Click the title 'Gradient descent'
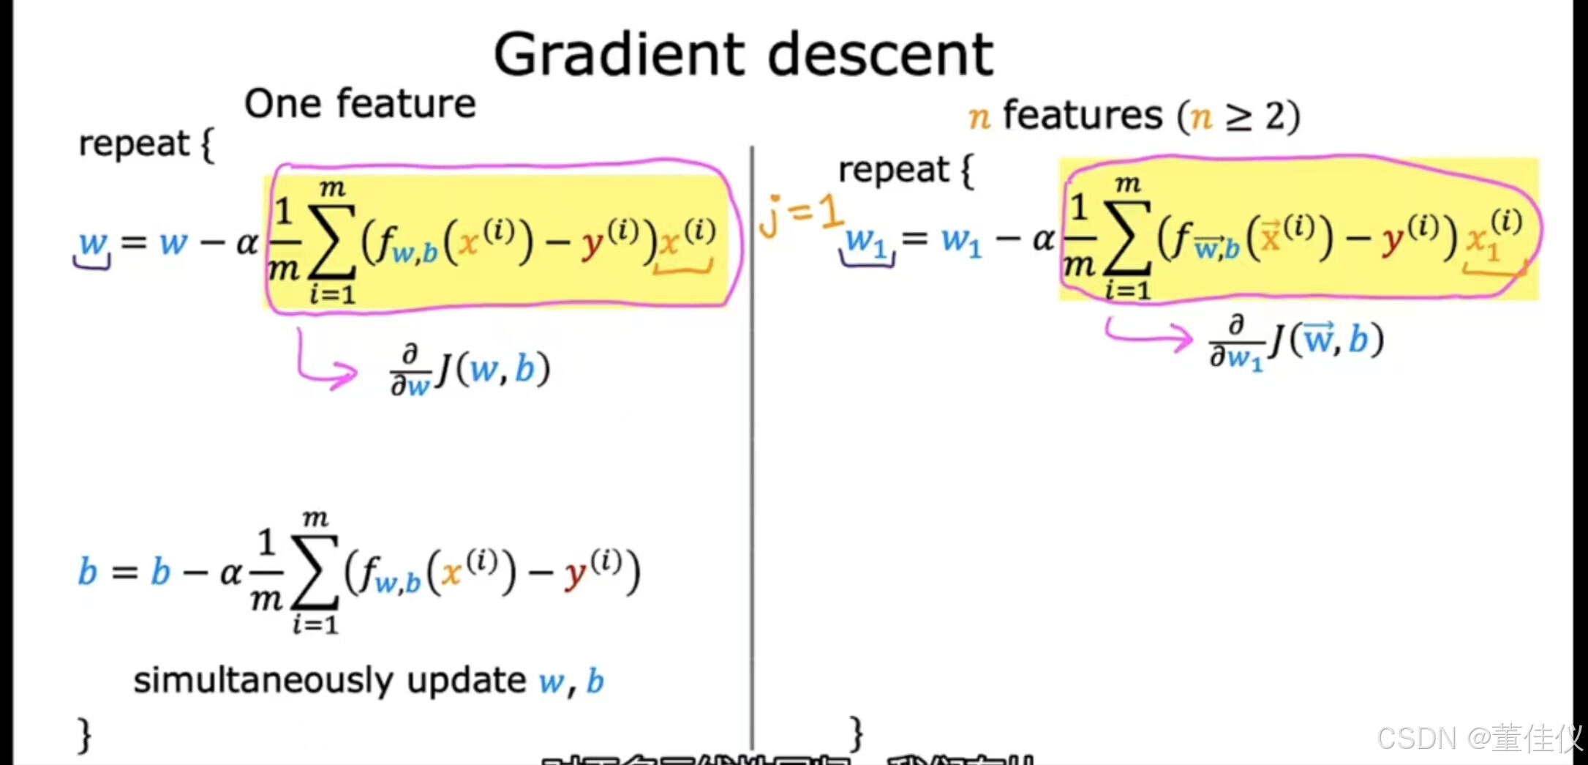[x=742, y=54]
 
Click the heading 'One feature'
[x=359, y=103]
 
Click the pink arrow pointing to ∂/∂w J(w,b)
[x=325, y=362]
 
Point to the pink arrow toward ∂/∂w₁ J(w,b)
[x=1148, y=335]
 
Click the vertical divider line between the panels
[x=752, y=439]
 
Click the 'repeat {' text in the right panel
[x=906, y=171]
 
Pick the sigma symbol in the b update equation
[x=315, y=572]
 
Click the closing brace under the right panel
[x=856, y=733]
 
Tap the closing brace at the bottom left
[x=85, y=734]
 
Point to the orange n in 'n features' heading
[x=979, y=116]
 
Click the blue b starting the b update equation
[x=87, y=572]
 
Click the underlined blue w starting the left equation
[x=93, y=242]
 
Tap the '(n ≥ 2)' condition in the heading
[x=1238, y=116]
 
